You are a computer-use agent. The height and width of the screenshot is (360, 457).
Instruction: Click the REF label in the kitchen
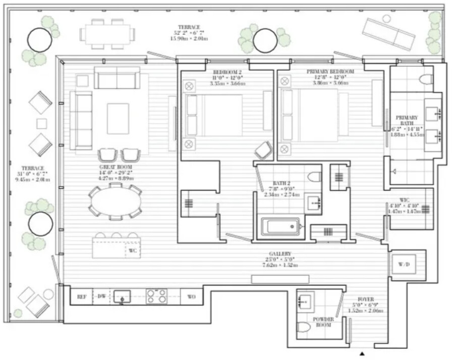[81, 296]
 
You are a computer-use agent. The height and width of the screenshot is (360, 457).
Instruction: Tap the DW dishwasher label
[101, 296]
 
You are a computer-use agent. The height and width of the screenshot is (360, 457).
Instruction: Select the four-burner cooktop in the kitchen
[156, 296]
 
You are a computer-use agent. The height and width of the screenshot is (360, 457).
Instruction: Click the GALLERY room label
[280, 253]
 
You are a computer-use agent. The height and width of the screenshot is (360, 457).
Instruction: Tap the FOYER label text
[366, 298]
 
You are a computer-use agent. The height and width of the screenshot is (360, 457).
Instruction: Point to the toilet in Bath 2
[314, 177]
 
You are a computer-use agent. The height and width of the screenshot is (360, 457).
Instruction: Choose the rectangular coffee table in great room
[118, 119]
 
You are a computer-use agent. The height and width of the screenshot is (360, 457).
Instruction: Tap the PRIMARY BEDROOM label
[330, 72]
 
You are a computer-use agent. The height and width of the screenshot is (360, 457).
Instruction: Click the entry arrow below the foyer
[362, 354]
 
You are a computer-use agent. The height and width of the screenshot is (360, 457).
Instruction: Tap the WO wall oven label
[191, 296]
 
